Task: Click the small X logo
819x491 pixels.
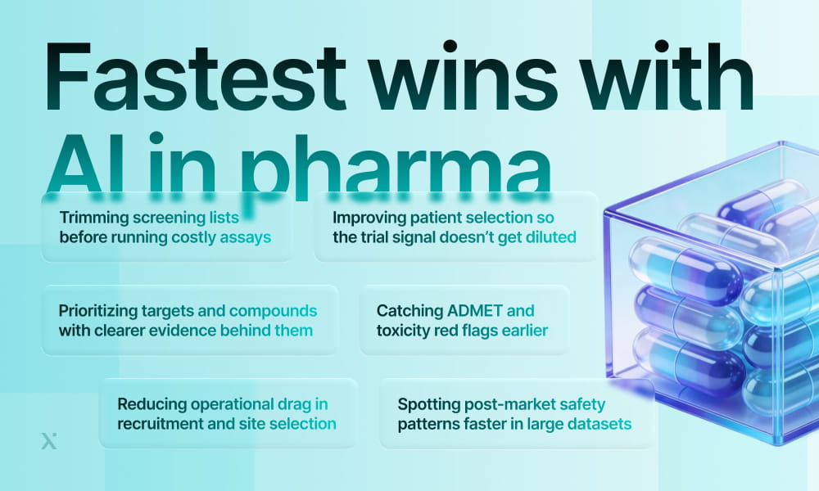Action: pyautogui.click(x=48, y=441)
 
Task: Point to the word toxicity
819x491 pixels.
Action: pyautogui.click(x=406, y=331)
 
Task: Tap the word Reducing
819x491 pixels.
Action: pyautogui.click(x=152, y=404)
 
